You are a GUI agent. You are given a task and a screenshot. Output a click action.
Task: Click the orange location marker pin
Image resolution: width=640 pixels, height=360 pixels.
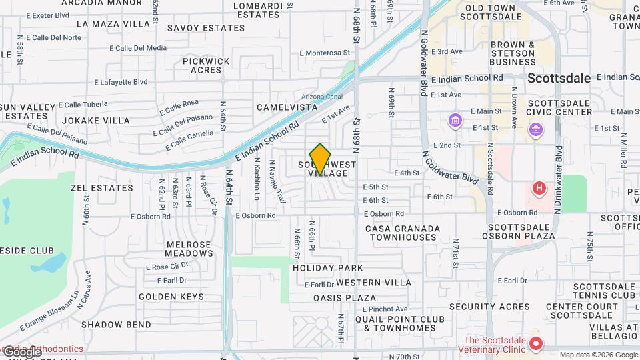[x=321, y=159]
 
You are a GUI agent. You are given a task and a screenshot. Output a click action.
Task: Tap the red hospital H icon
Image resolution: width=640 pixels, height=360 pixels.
[x=539, y=189]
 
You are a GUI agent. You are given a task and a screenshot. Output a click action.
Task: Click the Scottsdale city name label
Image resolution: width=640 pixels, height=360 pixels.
[x=559, y=78]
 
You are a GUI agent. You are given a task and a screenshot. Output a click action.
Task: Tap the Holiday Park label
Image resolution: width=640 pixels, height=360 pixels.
[x=328, y=268]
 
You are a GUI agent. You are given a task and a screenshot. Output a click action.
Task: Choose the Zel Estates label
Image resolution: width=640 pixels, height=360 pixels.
[x=102, y=188]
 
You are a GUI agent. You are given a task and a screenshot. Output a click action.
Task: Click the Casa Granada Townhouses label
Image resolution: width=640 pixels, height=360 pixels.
[x=403, y=233]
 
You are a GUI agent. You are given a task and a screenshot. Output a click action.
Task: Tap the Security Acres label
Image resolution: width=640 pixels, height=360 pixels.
[x=489, y=307]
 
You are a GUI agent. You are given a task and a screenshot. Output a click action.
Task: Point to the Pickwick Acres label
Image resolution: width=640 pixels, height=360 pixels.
[x=206, y=65]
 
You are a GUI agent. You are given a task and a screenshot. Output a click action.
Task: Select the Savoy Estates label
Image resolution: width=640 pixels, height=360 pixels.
[x=206, y=28]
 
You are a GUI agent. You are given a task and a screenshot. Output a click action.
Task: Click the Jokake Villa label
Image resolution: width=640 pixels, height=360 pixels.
[x=96, y=121]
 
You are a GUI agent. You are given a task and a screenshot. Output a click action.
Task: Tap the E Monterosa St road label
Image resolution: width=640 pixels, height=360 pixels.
[x=325, y=53]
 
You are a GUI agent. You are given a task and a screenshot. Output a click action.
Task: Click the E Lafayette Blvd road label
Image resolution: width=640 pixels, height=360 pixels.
[x=121, y=82]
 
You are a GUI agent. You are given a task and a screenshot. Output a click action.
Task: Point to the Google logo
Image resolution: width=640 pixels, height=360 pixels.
[x=22, y=351]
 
